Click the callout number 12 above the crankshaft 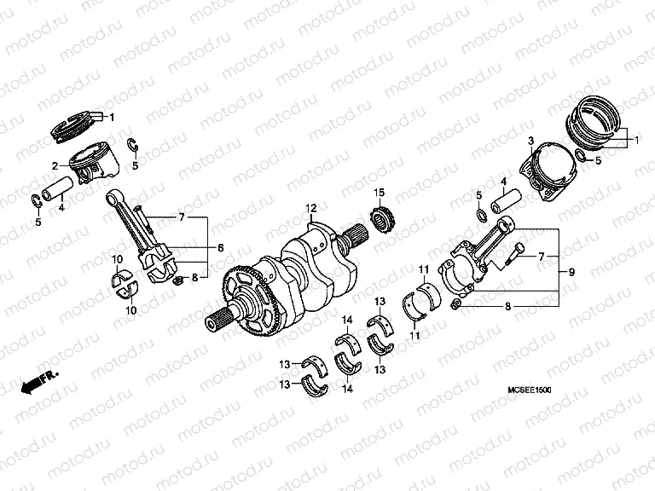pos(312,208)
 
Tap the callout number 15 pos(380,191)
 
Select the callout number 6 pos(219,247)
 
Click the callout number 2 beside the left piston pos(54,166)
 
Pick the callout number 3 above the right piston pos(530,141)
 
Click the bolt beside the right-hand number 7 pos(514,254)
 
